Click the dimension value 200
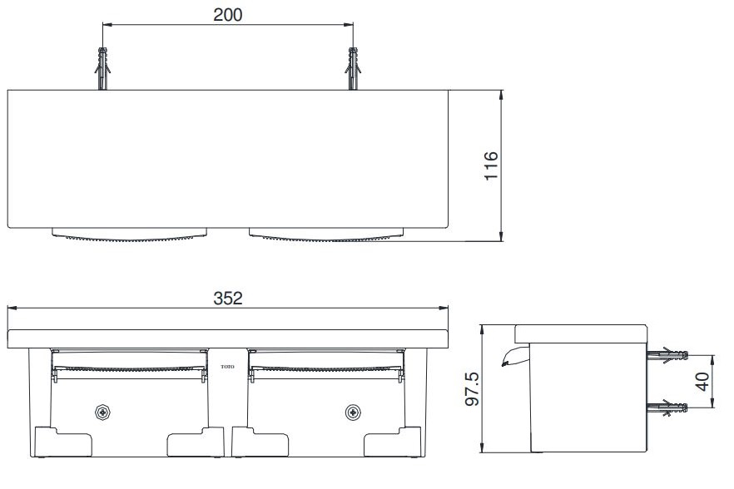(x=226, y=14)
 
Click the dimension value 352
(x=226, y=299)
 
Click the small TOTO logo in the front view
(x=226, y=365)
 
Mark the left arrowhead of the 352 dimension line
(x=11, y=309)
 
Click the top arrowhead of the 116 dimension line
(x=502, y=94)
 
